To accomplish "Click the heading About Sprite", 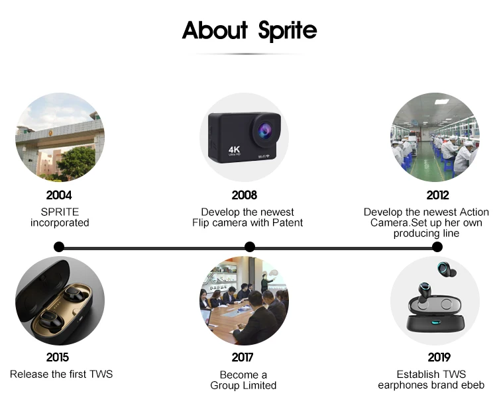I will click(249, 30).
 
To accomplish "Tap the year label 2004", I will click(59, 195).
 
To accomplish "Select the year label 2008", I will click(244, 195).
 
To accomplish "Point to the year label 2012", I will click(437, 195).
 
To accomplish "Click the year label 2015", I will click(58, 357).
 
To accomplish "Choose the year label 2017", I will click(243, 357).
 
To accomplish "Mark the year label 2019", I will click(439, 357).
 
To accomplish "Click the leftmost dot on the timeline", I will click(59, 247).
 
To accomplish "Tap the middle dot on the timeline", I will click(250, 247).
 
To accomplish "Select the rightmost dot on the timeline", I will click(437, 247).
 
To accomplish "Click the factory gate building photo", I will click(60, 137).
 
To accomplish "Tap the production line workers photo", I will click(435, 137).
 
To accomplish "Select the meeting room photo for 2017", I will click(244, 300).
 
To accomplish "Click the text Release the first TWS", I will click(61, 375).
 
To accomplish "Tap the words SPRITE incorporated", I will click(60, 217).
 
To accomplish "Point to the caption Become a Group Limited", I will click(243, 380).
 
